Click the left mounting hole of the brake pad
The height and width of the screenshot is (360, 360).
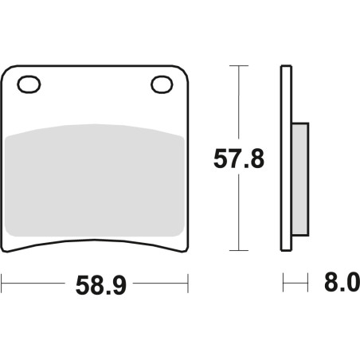(x=29, y=84)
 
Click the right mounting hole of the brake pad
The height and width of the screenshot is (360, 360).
(x=162, y=84)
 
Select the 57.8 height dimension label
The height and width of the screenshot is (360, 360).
(x=239, y=158)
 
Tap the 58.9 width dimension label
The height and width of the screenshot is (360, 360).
(x=101, y=285)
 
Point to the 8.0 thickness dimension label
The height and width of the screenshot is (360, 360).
(x=342, y=282)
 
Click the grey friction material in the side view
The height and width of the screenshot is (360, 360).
(x=300, y=179)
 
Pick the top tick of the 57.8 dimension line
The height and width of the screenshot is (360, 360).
(x=239, y=65)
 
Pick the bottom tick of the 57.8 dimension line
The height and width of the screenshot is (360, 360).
(x=239, y=250)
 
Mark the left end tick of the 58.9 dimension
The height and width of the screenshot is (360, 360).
(x=2, y=284)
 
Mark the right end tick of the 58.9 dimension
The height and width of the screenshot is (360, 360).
(x=188, y=284)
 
